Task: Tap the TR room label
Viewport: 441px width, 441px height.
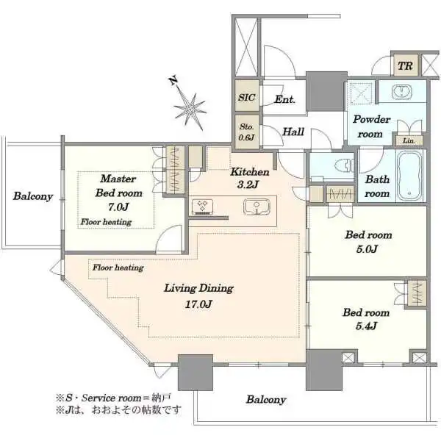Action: point(405,66)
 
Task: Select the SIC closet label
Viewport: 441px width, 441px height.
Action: point(247,97)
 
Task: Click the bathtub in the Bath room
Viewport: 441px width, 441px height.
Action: point(409,176)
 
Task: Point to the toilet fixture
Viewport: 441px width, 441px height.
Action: point(345,165)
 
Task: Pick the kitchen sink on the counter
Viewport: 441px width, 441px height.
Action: point(257,207)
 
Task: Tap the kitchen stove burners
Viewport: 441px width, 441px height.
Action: point(202,207)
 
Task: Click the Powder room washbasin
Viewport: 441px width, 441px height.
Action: point(402,91)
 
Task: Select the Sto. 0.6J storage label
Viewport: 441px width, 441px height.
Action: point(247,132)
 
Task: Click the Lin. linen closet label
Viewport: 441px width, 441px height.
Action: point(409,140)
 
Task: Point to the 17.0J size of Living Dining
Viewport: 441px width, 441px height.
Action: point(198,304)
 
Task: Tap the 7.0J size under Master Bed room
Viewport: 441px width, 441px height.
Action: point(118,207)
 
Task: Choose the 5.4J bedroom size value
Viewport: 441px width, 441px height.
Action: point(366,326)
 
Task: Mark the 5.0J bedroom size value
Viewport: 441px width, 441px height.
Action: point(367,249)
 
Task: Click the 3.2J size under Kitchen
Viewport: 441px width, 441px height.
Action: point(248,184)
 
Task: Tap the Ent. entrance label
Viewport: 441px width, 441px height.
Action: point(284,99)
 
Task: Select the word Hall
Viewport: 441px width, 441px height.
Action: point(293,132)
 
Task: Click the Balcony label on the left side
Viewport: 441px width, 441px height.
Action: point(33,196)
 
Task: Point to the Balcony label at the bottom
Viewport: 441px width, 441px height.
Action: point(266,399)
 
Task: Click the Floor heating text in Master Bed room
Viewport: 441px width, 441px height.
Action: point(106,222)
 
